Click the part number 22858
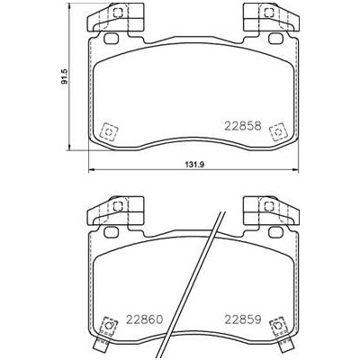[x=243, y=126]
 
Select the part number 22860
[x=145, y=319]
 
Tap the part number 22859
[x=243, y=319]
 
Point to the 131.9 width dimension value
[x=193, y=164]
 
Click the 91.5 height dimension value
[x=65, y=76]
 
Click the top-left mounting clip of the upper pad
[x=115, y=17]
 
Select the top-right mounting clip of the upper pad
[x=272, y=17]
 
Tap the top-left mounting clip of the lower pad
[x=115, y=211]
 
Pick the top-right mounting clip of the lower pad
[x=272, y=211]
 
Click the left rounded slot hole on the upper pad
[x=111, y=39]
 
